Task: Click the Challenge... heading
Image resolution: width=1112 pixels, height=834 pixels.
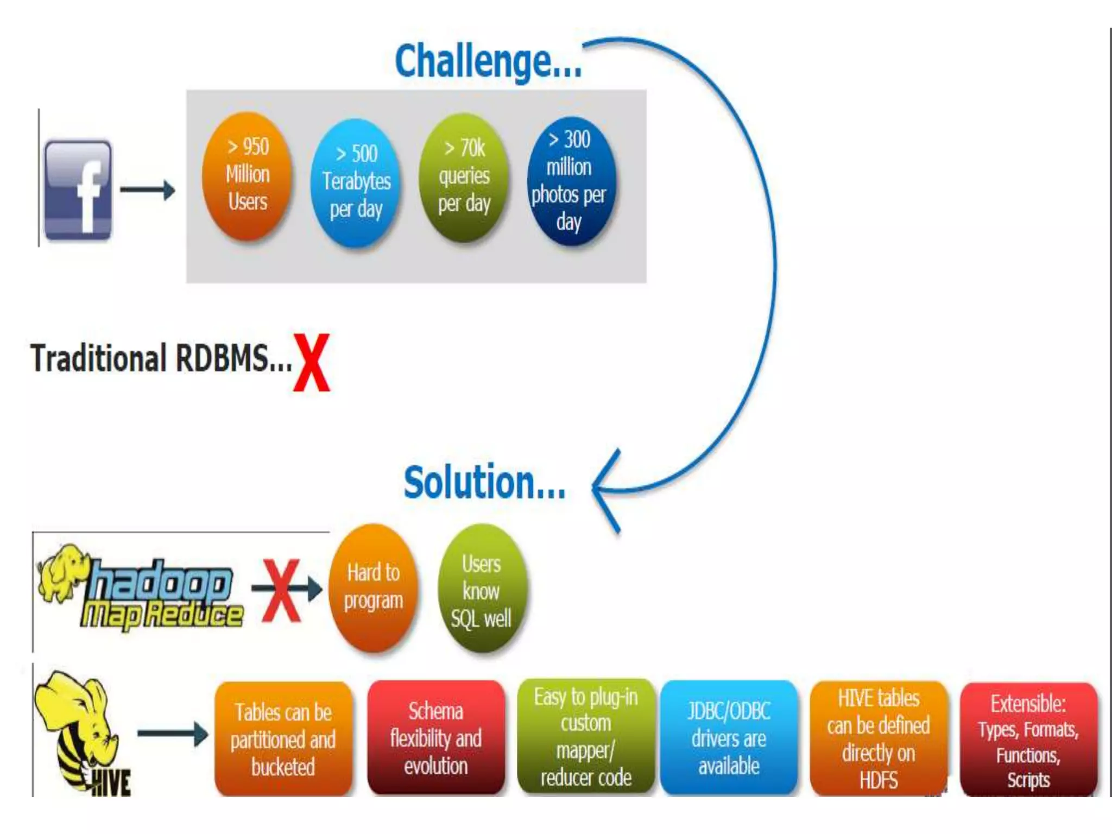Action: (488, 61)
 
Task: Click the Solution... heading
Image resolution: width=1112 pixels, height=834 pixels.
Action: (484, 482)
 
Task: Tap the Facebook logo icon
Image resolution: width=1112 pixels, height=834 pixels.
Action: (78, 189)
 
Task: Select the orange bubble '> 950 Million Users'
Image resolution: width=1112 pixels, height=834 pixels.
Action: (247, 175)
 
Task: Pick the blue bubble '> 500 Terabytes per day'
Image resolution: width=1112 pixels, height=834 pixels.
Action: (356, 182)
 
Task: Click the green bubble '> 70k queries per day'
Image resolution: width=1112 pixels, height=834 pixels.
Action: (464, 176)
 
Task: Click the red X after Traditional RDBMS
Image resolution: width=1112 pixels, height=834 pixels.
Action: (312, 362)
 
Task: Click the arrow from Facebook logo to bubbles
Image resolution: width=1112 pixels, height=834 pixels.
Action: (147, 190)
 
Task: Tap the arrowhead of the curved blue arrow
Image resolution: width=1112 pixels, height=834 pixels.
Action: (603, 489)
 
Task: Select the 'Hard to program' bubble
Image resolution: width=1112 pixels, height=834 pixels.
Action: (374, 587)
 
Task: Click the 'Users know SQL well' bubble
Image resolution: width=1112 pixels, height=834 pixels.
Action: (481, 590)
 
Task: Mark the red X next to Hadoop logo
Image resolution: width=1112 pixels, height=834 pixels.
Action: (281, 590)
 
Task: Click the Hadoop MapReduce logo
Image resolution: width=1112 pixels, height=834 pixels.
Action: (141, 592)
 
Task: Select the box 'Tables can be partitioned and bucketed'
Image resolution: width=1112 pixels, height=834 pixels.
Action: (283, 739)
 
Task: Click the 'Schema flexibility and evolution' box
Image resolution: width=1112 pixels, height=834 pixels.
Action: (435, 738)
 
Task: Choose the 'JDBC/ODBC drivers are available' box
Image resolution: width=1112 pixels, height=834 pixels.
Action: (729, 738)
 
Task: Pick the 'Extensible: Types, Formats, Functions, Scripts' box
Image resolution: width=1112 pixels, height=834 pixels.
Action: (1028, 740)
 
